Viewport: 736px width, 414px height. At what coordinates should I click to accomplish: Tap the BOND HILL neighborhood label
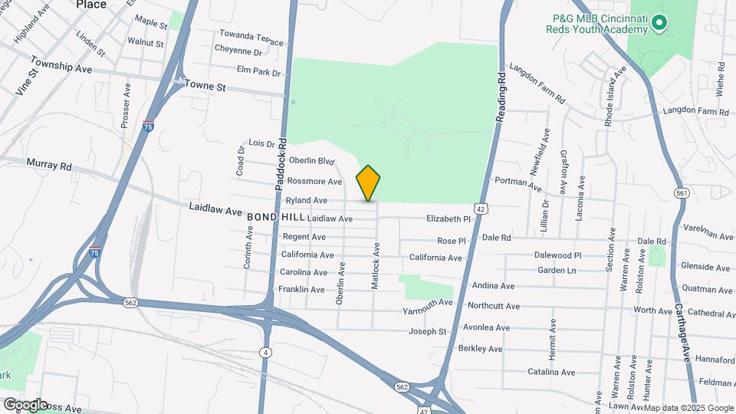pyautogui.click(x=275, y=218)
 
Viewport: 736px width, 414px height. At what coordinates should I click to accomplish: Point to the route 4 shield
pyautogui.click(x=265, y=352)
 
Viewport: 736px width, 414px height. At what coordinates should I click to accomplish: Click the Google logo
pyautogui.click(x=25, y=404)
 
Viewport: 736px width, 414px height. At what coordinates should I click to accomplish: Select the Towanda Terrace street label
pyautogui.click(x=251, y=35)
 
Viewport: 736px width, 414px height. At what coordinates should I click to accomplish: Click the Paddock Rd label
pyautogui.click(x=281, y=165)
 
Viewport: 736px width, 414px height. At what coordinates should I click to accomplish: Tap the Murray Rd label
pyautogui.click(x=48, y=164)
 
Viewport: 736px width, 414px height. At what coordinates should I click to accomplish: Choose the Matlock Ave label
pyautogui.click(x=376, y=266)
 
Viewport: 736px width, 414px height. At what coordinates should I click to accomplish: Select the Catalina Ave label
pyautogui.click(x=551, y=373)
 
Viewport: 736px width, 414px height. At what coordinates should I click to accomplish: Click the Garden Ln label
pyautogui.click(x=556, y=271)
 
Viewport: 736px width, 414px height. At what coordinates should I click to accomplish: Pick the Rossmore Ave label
pyautogui.click(x=314, y=182)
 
